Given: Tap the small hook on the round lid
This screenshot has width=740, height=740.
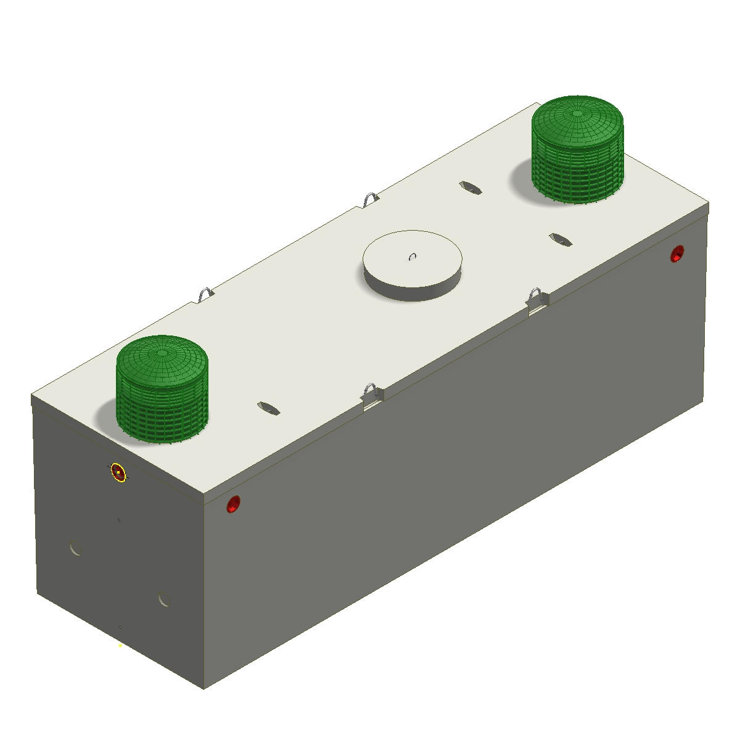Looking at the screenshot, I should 413,257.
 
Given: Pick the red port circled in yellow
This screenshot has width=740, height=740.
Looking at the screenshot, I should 118,473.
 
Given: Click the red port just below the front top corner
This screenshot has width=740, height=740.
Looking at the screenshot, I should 233,504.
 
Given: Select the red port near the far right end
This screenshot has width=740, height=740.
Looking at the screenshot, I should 677,253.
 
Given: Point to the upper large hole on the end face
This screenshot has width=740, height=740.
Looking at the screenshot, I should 76,548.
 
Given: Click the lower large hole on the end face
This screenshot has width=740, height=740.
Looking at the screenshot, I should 163,599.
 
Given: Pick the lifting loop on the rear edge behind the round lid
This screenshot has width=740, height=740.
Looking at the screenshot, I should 370,199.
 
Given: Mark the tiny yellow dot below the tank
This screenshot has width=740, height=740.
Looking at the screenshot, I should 120,646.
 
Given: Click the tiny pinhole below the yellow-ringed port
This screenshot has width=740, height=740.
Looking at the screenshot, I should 119,520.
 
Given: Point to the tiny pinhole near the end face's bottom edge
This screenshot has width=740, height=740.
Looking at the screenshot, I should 120,627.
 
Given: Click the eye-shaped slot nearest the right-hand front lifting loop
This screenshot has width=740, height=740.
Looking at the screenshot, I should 561,239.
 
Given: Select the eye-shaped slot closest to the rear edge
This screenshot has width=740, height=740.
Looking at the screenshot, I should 470,187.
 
